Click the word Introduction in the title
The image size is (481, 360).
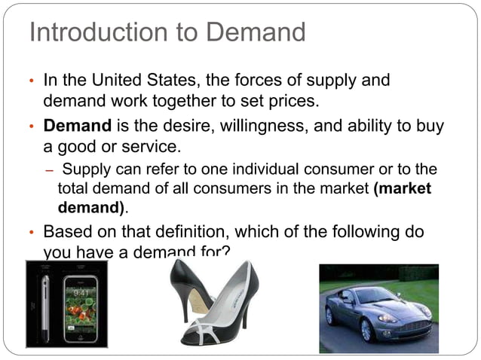coord(92,33)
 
